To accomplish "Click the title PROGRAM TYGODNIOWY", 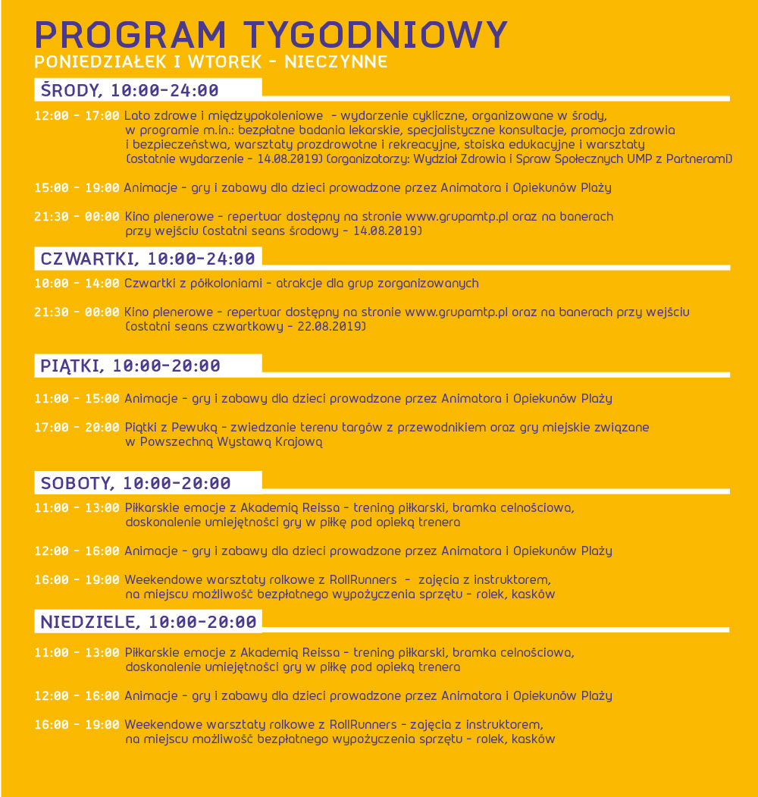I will coord(271,34).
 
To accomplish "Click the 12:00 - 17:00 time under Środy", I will coord(77,116).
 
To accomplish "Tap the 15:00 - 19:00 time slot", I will coord(77,187).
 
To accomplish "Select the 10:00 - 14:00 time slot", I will coord(77,284).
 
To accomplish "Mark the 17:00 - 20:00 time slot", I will coord(77,428).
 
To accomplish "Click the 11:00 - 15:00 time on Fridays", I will coord(77,399).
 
